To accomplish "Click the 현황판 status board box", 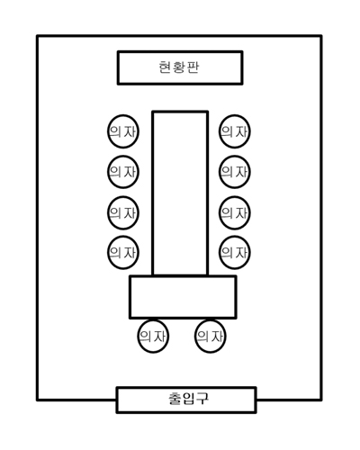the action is pyautogui.click(x=180, y=67).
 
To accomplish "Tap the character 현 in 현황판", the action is pyautogui.click(x=165, y=67).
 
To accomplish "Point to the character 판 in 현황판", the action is pyautogui.click(x=193, y=67).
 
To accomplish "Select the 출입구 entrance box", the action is pyautogui.click(x=186, y=400).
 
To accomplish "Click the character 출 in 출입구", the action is pyautogui.click(x=175, y=399).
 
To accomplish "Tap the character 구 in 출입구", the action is pyautogui.click(x=202, y=399).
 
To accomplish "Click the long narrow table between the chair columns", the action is pyautogui.click(x=180, y=193).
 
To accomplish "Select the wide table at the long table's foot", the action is pyautogui.click(x=183, y=297).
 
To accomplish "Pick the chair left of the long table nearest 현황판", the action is pyautogui.click(x=123, y=131).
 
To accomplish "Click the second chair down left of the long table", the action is pyautogui.click(x=123, y=172).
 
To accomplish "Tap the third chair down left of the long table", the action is pyautogui.click(x=123, y=212).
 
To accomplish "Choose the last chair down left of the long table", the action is pyautogui.click(x=123, y=253).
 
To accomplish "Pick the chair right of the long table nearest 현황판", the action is pyautogui.click(x=235, y=131).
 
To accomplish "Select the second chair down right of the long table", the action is pyautogui.click(x=235, y=172).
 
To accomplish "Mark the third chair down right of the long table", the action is pyautogui.click(x=235, y=212).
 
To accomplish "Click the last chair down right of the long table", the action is pyautogui.click(x=235, y=253).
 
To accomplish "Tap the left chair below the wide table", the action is pyautogui.click(x=153, y=337).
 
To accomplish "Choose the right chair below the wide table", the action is pyautogui.click(x=210, y=337).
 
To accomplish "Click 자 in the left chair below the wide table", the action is pyautogui.click(x=159, y=337).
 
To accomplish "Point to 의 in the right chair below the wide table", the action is pyautogui.click(x=202, y=337).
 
